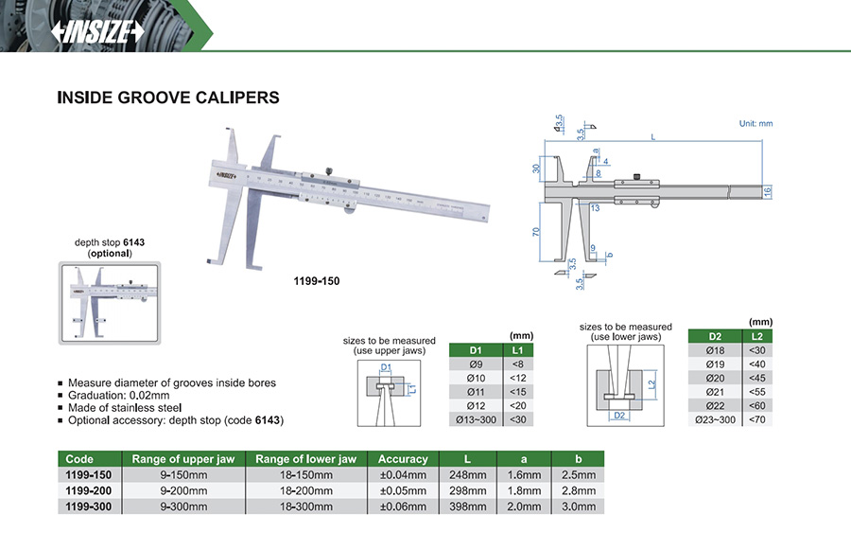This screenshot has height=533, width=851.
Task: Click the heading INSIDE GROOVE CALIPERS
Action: pyautogui.click(x=168, y=98)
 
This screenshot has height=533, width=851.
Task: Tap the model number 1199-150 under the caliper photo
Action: pyautogui.click(x=317, y=281)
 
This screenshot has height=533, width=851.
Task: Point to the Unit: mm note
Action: pyautogui.click(x=755, y=124)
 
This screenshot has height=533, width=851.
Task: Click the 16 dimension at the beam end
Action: pyautogui.click(x=769, y=191)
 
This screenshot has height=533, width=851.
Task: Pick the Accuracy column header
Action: pyautogui.click(x=403, y=458)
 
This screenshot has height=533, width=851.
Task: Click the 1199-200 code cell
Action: pyautogui.click(x=89, y=489)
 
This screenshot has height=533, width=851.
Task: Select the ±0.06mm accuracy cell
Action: pyautogui.click(x=403, y=506)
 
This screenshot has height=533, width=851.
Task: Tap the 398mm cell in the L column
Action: pyautogui.click(x=469, y=506)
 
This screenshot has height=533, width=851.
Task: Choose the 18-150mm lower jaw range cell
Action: pyautogui.click(x=305, y=474)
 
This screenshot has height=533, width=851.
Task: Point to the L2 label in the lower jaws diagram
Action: pyautogui.click(x=653, y=384)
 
